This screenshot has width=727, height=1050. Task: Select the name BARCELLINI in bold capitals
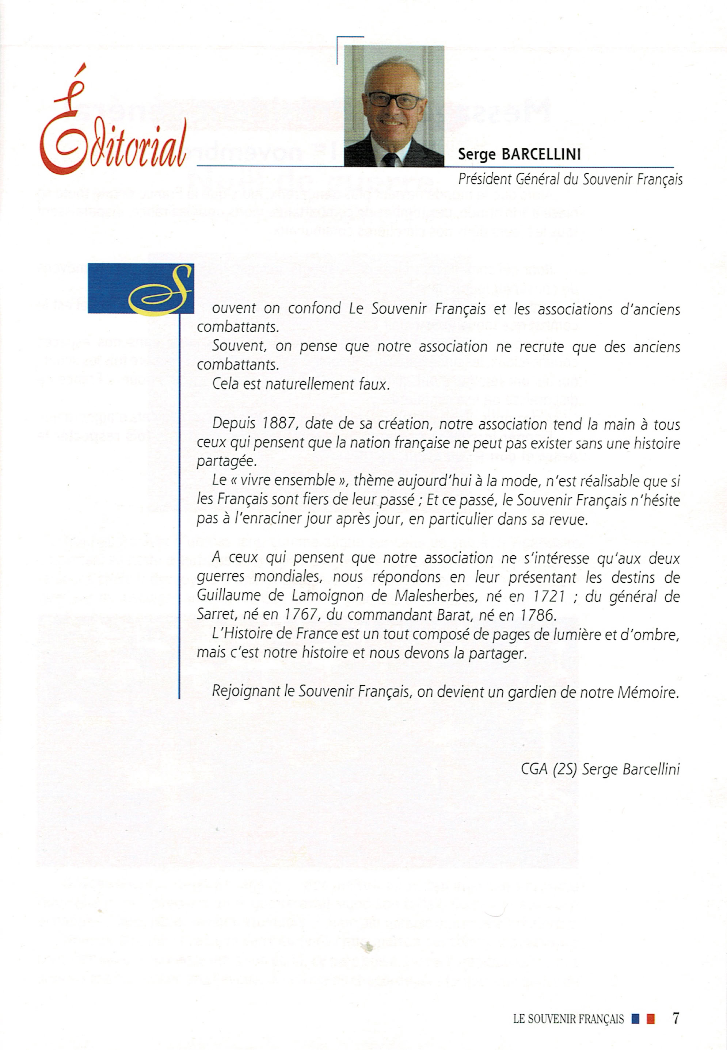[541, 155]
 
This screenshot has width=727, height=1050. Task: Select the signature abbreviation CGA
[534, 769]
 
